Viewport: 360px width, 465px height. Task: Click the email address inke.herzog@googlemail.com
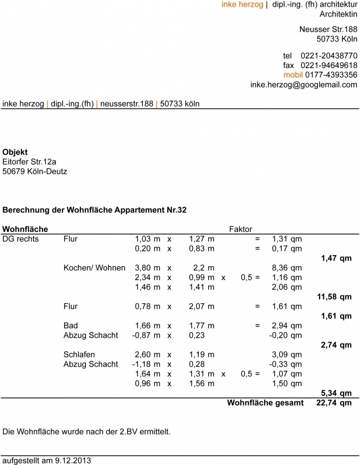[x=304, y=85]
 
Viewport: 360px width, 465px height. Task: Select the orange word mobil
[x=293, y=75]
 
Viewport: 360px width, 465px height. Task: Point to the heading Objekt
[x=15, y=152]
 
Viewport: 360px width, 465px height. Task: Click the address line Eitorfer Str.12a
[x=29, y=162]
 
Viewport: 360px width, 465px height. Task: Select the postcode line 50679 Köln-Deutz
[x=35, y=172]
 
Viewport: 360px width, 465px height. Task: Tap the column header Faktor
[x=240, y=229]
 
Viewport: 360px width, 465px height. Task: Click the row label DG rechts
[x=20, y=239]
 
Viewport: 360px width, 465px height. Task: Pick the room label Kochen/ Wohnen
[x=94, y=267]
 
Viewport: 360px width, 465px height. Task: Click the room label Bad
[x=70, y=325]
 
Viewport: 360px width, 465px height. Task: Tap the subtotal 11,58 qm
[x=334, y=297]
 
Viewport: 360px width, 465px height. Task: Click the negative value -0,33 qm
[x=285, y=364]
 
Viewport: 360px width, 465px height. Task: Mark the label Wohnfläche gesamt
[x=265, y=403]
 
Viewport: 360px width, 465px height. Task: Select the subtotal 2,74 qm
[x=336, y=345]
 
